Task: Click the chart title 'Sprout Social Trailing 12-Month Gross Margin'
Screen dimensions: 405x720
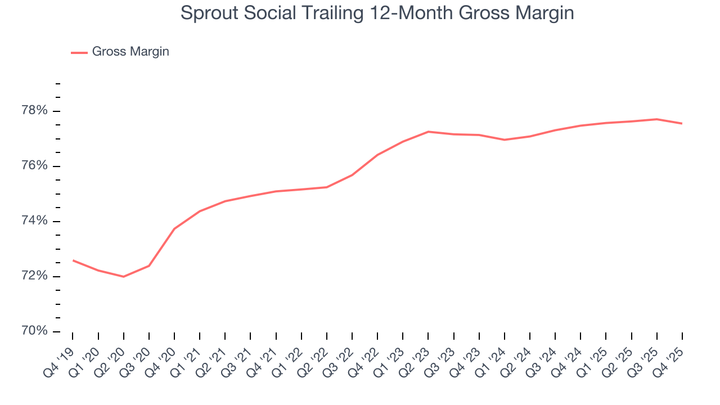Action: (377, 13)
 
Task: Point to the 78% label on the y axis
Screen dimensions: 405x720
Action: (34, 111)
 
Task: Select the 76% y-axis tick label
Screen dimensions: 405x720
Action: (34, 166)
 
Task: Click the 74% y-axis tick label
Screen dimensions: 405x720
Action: (34, 221)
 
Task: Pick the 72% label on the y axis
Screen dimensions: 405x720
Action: (34, 276)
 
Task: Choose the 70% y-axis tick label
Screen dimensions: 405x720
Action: (34, 331)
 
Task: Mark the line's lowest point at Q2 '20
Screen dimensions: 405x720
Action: (124, 277)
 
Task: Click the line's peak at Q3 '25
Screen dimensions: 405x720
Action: (657, 119)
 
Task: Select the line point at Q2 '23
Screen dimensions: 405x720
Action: (429, 132)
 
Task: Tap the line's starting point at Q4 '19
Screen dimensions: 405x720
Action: (73, 260)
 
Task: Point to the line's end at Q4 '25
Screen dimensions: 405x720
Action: (682, 124)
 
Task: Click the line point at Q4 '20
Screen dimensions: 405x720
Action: (174, 228)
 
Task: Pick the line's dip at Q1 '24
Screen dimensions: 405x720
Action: (505, 139)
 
